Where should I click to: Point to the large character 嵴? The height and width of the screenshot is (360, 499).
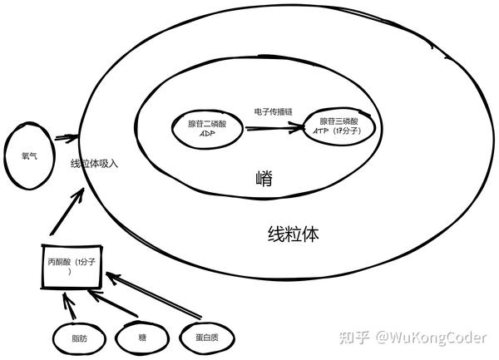tap(265, 179)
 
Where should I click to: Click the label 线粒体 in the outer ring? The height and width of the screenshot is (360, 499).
tap(293, 234)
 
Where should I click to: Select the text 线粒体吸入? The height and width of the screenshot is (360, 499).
tap(94, 164)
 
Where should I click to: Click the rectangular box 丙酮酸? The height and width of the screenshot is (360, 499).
tap(72, 267)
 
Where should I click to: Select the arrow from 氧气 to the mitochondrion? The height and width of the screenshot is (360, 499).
tap(65, 140)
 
